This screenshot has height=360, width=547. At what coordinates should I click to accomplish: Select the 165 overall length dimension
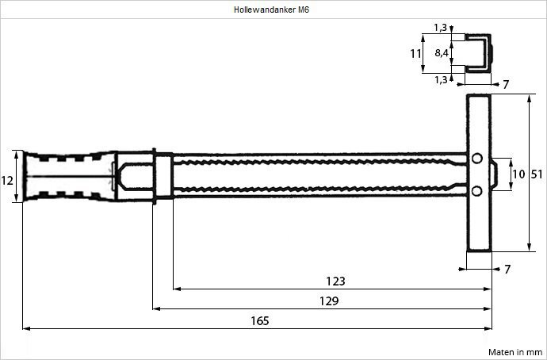[x=259, y=320]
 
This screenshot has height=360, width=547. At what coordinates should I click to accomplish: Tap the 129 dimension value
[x=328, y=301]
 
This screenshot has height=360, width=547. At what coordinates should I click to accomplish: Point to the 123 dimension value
[x=335, y=281]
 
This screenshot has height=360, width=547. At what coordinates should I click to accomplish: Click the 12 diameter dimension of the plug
[x=7, y=180]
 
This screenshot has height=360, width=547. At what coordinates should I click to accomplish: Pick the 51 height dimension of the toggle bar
[x=536, y=174]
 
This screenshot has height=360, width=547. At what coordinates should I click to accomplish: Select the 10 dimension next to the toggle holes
[x=518, y=174]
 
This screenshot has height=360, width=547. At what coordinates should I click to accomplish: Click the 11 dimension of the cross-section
[x=415, y=53]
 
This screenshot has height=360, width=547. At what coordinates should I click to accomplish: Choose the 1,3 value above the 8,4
[x=440, y=29]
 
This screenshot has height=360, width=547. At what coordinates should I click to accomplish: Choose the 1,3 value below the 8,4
[x=440, y=79]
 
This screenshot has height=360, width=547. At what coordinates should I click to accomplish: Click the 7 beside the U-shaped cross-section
[x=506, y=83]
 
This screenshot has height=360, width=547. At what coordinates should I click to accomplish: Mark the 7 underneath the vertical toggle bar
[x=507, y=270]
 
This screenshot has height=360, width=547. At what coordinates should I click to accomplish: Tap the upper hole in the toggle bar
[x=476, y=159]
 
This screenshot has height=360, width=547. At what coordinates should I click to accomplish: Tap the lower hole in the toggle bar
[x=476, y=190]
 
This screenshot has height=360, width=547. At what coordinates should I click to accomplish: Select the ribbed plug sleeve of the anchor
[x=67, y=176]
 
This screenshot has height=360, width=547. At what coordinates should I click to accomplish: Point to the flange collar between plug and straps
[x=161, y=176]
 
